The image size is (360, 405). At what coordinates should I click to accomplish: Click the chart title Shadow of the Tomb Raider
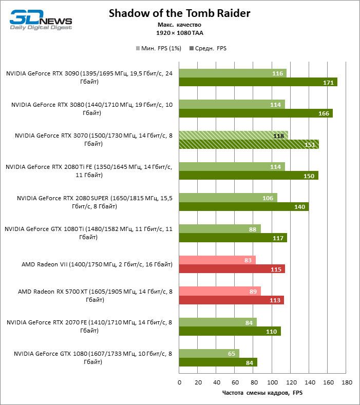[179, 14]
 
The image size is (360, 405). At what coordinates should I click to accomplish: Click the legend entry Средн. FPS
[208, 48]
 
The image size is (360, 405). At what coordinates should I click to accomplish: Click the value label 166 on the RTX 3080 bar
[324, 113]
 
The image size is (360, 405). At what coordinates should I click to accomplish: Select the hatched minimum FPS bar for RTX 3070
[233, 136]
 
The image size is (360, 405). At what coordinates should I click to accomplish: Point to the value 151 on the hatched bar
[310, 144]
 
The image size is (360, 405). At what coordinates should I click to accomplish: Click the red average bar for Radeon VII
[232, 269]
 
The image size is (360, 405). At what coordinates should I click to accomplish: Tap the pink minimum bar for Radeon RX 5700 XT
[220, 291]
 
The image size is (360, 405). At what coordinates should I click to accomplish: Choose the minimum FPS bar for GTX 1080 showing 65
[209, 354]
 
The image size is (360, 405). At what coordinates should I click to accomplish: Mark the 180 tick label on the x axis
[347, 382]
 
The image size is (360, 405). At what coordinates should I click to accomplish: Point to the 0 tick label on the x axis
[179, 382]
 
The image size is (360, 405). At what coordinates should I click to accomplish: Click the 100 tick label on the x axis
[272, 382]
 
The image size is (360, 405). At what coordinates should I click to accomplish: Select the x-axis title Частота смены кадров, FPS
[263, 393]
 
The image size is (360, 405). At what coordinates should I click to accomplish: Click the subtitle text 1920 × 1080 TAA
[179, 32]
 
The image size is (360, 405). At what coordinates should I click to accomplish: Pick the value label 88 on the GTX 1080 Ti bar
[252, 229]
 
